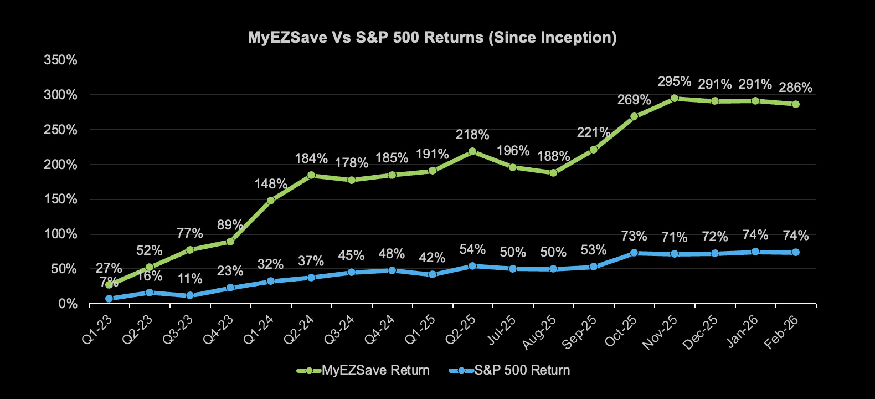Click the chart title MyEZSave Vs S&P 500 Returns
point(432,38)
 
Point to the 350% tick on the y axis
point(61,60)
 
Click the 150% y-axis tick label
point(61,199)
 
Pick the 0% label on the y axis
point(68,304)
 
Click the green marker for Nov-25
point(675,98)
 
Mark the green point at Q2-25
point(472,151)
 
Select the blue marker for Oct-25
point(634,253)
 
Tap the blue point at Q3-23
point(190,295)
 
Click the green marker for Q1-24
point(271,201)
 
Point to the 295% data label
point(675,82)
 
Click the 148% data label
point(271,184)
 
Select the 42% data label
point(432,258)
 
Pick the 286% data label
point(795,88)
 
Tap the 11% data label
point(190,279)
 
